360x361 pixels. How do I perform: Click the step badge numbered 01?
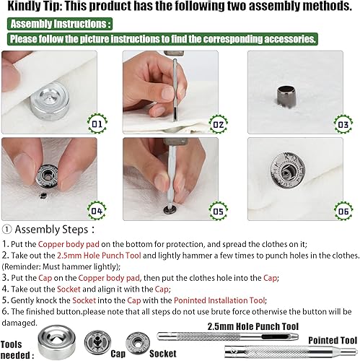coord(97,123)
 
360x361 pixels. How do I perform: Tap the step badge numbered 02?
coord(219,124)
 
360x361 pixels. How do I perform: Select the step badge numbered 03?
coord(343,124)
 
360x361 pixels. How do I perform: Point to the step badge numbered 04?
coord(97,211)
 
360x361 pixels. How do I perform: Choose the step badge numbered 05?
coord(219,211)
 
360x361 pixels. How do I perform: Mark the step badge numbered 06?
coord(343,211)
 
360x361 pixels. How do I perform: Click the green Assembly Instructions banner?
coord(60,24)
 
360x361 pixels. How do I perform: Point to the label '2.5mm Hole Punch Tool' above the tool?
coord(253,326)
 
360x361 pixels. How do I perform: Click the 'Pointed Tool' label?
coord(333,340)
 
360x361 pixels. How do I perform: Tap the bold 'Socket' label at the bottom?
coord(163,354)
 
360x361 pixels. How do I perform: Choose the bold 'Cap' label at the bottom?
coord(118,354)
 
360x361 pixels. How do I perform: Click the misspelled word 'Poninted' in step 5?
coord(190,300)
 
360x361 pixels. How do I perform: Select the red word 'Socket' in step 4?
coord(69,289)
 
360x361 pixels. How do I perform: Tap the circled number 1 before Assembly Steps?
coord(6,230)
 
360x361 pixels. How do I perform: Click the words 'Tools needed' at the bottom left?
coord(17,349)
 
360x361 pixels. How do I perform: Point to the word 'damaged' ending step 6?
coord(19,323)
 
